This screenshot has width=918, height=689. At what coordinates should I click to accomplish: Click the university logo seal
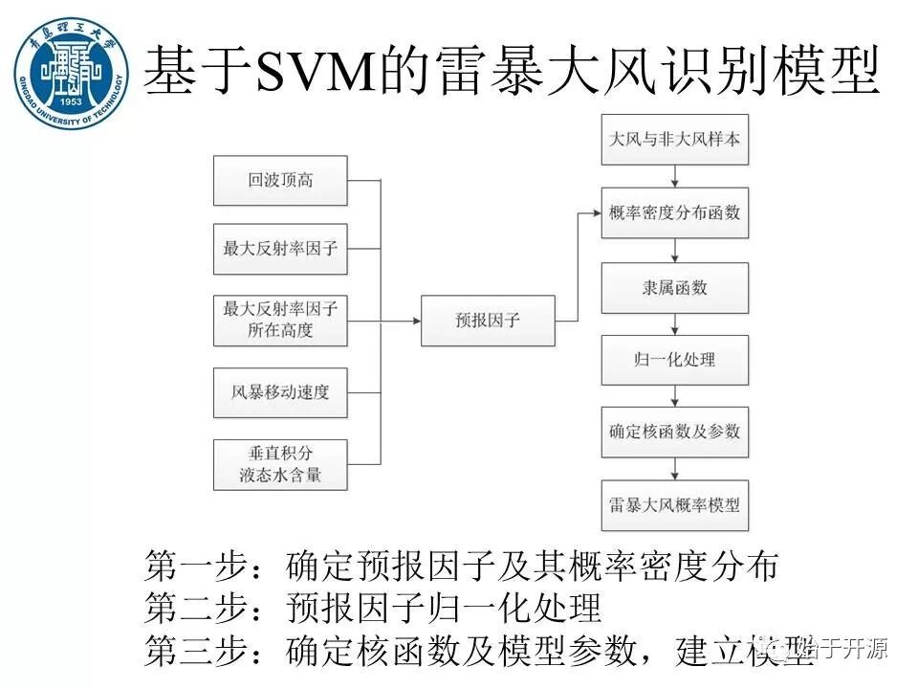(71, 73)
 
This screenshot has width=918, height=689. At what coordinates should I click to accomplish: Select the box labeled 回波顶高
(280, 179)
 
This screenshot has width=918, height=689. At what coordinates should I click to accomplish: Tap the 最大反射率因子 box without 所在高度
(280, 250)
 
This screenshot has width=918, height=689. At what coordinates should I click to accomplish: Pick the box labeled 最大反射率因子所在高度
(280, 321)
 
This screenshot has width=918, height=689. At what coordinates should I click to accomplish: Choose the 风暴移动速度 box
(280, 391)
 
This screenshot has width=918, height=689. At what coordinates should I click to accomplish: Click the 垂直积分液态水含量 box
(280, 464)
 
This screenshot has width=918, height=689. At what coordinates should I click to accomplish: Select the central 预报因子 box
(488, 321)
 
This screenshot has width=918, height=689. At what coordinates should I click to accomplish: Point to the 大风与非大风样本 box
(675, 139)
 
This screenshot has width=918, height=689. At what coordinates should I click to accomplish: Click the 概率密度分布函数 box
(675, 212)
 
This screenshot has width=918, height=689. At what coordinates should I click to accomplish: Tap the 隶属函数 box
(675, 286)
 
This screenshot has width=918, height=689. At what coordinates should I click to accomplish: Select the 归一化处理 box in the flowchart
(675, 360)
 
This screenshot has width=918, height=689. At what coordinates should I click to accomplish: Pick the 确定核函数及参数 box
(675, 432)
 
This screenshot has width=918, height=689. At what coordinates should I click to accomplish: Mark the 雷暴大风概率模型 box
(675, 504)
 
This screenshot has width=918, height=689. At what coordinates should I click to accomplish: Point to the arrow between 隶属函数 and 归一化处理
(675, 323)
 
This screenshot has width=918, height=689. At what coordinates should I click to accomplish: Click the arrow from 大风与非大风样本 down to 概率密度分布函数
(675, 176)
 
